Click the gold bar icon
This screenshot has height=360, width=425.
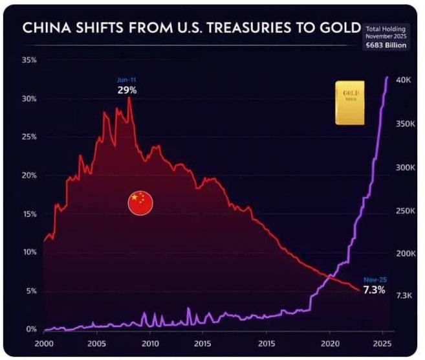point(349,102)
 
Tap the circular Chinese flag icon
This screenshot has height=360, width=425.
point(140,203)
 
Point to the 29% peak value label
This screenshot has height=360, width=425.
point(127,90)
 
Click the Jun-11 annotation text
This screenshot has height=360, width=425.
point(127,80)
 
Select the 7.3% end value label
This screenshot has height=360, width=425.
point(374,289)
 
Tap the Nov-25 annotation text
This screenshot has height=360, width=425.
point(375,279)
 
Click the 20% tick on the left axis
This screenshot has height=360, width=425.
point(30,175)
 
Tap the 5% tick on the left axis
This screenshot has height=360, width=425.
point(32,291)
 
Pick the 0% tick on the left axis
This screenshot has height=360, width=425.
point(32,329)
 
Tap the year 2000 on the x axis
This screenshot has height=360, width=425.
point(44,343)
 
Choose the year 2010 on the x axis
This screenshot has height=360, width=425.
point(150,343)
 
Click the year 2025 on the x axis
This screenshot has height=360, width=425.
point(383,343)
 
